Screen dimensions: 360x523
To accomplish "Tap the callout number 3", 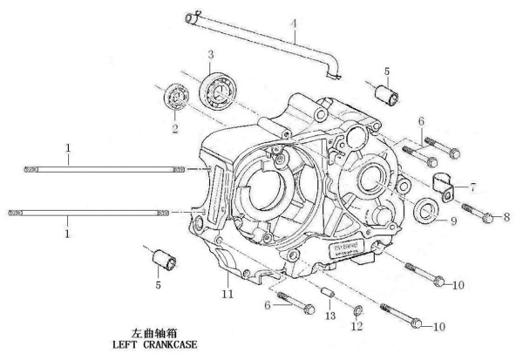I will (210, 55).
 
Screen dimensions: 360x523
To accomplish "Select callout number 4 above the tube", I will (294, 22).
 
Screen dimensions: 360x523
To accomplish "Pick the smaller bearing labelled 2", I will (179, 96).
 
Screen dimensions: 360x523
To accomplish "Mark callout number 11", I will (228, 296).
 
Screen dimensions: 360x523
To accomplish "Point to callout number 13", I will (329, 314).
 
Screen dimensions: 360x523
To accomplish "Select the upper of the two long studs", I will (105, 169).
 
